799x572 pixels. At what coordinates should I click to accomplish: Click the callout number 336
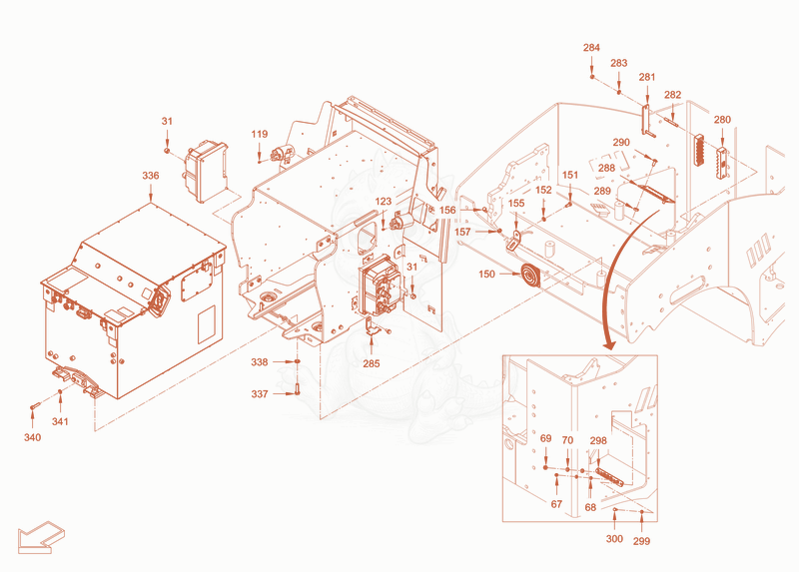151,176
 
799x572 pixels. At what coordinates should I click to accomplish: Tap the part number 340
33,437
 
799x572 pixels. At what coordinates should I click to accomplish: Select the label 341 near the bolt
60,421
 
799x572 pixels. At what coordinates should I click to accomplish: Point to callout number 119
260,134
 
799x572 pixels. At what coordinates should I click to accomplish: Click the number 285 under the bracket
372,363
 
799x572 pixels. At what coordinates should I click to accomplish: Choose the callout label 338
260,362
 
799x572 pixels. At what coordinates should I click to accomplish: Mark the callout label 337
260,394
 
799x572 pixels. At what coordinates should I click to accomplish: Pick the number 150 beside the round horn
486,275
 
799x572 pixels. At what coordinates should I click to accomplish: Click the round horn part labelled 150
529,277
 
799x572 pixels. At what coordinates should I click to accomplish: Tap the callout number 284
591,48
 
